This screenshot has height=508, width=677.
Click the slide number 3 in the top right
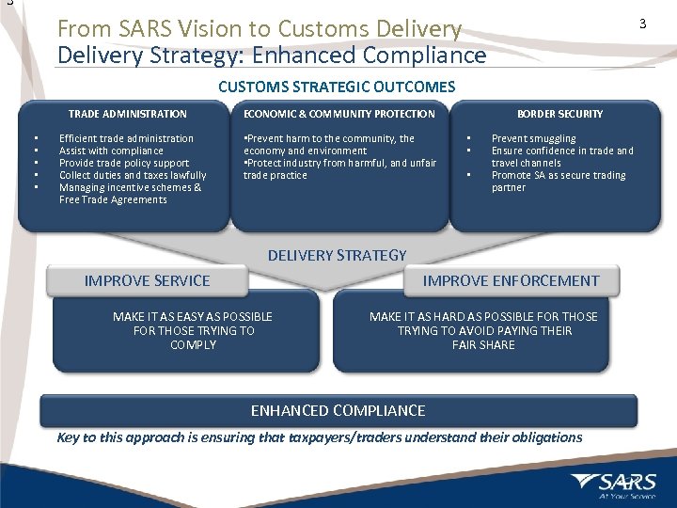click(643, 24)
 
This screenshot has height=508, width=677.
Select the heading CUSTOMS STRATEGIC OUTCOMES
click(337, 87)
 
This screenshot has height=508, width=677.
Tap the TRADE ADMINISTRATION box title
click(128, 114)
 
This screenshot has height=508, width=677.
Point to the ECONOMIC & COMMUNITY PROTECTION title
click(339, 114)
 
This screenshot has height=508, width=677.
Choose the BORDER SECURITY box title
click(559, 114)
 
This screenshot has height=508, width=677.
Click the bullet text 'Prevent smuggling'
click(533, 138)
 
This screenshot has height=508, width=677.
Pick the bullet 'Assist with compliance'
click(111, 151)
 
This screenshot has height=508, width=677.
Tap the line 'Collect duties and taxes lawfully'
click(133, 175)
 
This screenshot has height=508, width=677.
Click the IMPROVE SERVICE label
click(148, 280)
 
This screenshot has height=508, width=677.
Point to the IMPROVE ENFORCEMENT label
click(511, 280)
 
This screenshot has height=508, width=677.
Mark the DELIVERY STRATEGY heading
click(338, 255)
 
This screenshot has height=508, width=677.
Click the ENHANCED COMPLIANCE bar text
click(338, 410)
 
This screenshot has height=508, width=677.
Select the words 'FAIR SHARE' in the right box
click(483, 345)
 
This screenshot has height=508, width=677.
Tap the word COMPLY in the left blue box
click(194, 345)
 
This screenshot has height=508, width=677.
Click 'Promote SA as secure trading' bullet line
click(559, 175)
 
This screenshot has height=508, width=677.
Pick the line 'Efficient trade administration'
click(126, 138)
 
